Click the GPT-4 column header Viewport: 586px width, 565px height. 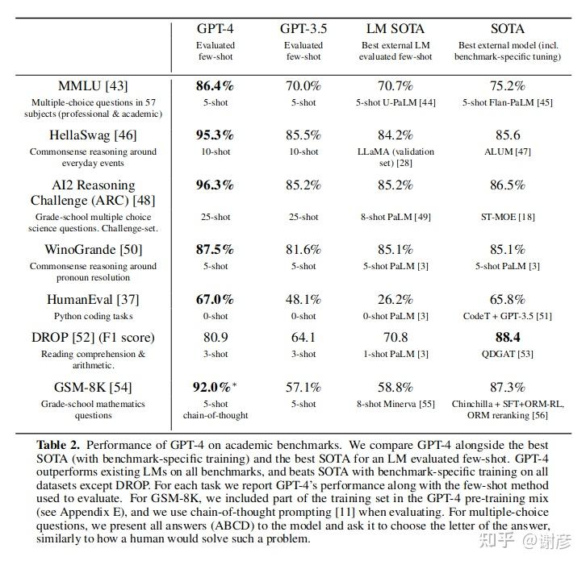click(x=216, y=29)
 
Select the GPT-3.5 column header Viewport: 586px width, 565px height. click(x=303, y=29)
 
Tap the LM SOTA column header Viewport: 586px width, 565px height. click(x=396, y=29)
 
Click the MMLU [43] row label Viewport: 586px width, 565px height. click(x=93, y=85)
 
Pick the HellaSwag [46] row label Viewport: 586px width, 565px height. click(x=93, y=135)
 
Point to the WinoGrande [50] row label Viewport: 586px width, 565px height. click(x=94, y=249)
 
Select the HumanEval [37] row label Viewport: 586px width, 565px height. click(x=93, y=299)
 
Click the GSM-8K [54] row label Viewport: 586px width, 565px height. click(x=93, y=387)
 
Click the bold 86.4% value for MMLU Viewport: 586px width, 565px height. click(x=215, y=85)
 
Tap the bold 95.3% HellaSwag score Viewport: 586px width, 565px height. click(x=215, y=135)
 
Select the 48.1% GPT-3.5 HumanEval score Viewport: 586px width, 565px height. click(x=303, y=299)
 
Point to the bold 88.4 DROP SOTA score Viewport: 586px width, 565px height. click(x=508, y=338)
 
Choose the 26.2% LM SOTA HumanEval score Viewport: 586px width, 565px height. click(x=396, y=299)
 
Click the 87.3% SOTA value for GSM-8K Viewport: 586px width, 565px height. click(x=508, y=387)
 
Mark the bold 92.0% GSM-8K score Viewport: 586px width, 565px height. click(x=212, y=387)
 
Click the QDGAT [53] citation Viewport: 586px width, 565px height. click(x=508, y=354)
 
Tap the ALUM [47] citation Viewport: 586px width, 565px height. click(x=508, y=152)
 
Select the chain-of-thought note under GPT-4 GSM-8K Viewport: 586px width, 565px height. click(x=216, y=415)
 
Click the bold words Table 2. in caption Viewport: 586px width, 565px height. click(x=58, y=445)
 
